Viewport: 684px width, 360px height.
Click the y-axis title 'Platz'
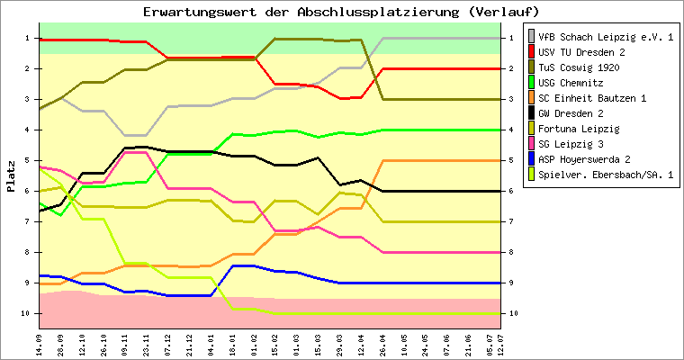click(x=11, y=175)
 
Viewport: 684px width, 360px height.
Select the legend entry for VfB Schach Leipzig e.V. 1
click(x=605, y=37)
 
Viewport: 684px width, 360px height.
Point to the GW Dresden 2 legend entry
click(x=585, y=113)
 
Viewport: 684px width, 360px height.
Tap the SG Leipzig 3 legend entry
click(x=585, y=144)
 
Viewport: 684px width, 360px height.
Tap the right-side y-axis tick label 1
click(x=511, y=38)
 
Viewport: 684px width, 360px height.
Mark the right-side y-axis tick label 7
click(x=511, y=221)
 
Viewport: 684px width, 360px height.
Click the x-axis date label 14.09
click(x=40, y=342)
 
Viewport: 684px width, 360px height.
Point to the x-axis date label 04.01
click(x=211, y=342)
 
